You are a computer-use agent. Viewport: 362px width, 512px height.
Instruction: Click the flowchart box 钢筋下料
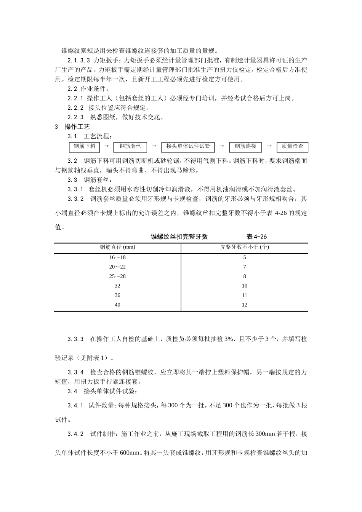click(x=84, y=147)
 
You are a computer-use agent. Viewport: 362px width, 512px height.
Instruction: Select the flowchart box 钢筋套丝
click(x=130, y=147)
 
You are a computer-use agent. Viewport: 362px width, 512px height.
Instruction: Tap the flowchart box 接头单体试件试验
click(x=188, y=147)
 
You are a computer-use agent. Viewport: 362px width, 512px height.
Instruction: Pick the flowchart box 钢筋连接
click(x=245, y=147)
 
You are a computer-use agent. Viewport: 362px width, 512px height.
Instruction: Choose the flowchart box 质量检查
click(x=292, y=147)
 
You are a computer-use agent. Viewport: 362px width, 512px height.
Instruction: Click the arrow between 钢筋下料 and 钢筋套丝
click(x=107, y=146)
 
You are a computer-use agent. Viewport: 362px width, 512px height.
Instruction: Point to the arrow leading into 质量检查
click(x=269, y=146)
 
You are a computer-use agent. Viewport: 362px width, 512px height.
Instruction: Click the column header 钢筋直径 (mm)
click(x=117, y=247)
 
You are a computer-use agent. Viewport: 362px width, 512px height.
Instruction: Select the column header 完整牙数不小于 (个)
click(x=244, y=247)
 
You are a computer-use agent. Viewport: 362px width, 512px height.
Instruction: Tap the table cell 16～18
click(x=117, y=258)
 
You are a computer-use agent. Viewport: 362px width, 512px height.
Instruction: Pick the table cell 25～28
click(x=117, y=277)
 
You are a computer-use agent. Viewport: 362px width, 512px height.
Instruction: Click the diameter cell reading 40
click(x=117, y=305)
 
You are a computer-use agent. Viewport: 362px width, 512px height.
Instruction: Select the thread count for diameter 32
click(x=244, y=286)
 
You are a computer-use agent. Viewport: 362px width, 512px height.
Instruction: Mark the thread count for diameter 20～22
click(x=244, y=267)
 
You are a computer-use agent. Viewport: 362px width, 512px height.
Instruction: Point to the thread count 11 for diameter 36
click(x=244, y=295)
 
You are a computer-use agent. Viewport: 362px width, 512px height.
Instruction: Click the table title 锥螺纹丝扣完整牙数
click(x=179, y=237)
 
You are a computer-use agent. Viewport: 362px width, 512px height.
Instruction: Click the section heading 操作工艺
click(x=77, y=127)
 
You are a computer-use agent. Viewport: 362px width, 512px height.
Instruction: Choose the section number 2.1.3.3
click(x=78, y=61)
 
